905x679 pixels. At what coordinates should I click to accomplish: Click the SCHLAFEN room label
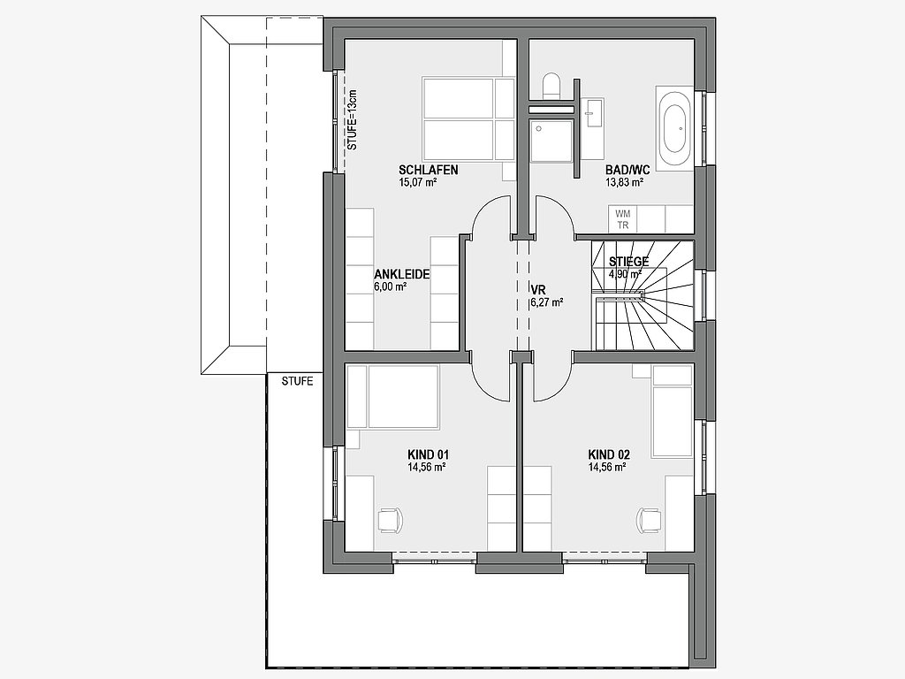429,170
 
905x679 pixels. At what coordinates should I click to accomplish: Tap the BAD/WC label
627,170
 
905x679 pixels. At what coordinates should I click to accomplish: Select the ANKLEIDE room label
402,274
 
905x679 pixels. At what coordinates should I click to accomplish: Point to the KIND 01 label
429,454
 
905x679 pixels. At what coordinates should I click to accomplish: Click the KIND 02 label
609,454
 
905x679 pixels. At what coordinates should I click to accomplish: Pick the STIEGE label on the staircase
628,262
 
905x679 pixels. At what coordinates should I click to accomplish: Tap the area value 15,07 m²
417,183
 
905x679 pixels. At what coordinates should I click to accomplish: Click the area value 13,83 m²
625,183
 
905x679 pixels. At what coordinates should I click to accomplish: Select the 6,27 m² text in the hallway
547,301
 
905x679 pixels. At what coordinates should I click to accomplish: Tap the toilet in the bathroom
551,84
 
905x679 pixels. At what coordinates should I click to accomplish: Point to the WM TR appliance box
623,220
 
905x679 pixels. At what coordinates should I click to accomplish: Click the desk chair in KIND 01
390,519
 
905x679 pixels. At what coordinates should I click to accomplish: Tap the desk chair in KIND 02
648,519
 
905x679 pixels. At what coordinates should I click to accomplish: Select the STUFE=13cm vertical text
353,120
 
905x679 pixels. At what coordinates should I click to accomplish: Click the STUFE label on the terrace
297,382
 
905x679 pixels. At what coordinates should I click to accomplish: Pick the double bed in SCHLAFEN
468,118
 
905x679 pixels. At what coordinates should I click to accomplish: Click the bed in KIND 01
392,397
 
